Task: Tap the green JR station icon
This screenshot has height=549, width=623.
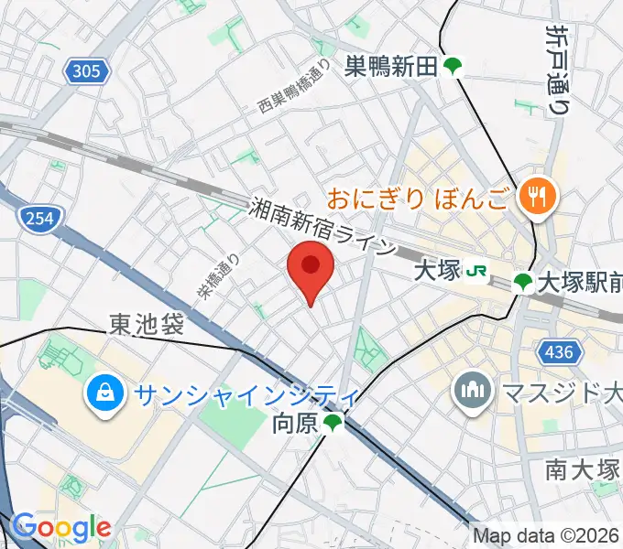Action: pos(476,271)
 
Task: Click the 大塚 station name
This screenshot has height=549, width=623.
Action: pos(435,271)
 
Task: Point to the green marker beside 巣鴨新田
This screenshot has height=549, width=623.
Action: pos(453,67)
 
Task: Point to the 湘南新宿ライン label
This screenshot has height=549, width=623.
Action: pos(323,227)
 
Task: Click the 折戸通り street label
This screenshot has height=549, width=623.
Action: pos(556,70)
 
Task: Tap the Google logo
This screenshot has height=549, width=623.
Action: pos(61,527)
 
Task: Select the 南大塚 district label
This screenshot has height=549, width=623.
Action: pos(583,470)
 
